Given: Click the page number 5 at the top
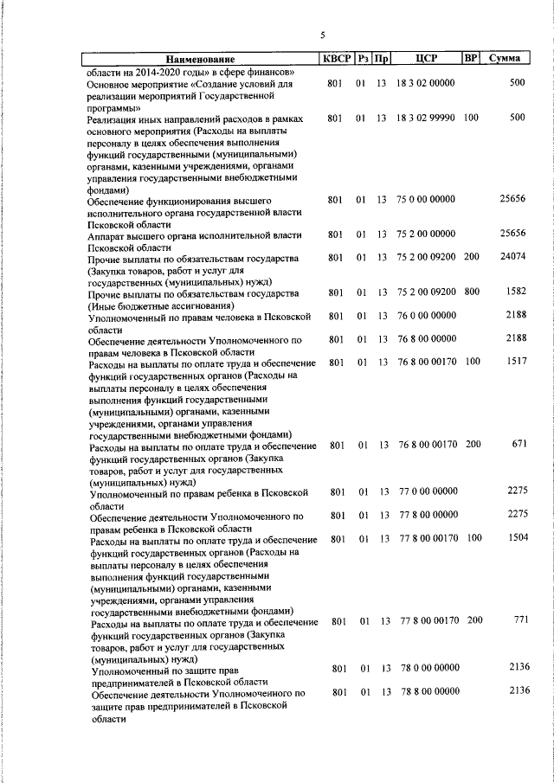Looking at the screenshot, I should tap(322, 35).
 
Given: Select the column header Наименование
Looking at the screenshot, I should tap(201, 59).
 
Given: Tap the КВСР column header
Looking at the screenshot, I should tap(337, 59).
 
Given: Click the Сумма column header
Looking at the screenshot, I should tap(504, 59).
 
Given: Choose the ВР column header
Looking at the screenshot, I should tap(471, 59).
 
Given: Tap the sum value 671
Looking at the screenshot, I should tap(519, 444).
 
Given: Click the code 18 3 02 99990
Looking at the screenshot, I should tap(427, 117).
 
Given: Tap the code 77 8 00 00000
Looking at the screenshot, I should tap(428, 515).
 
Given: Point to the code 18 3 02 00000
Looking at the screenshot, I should tap(427, 83).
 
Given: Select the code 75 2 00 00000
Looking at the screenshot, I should tap(427, 234).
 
